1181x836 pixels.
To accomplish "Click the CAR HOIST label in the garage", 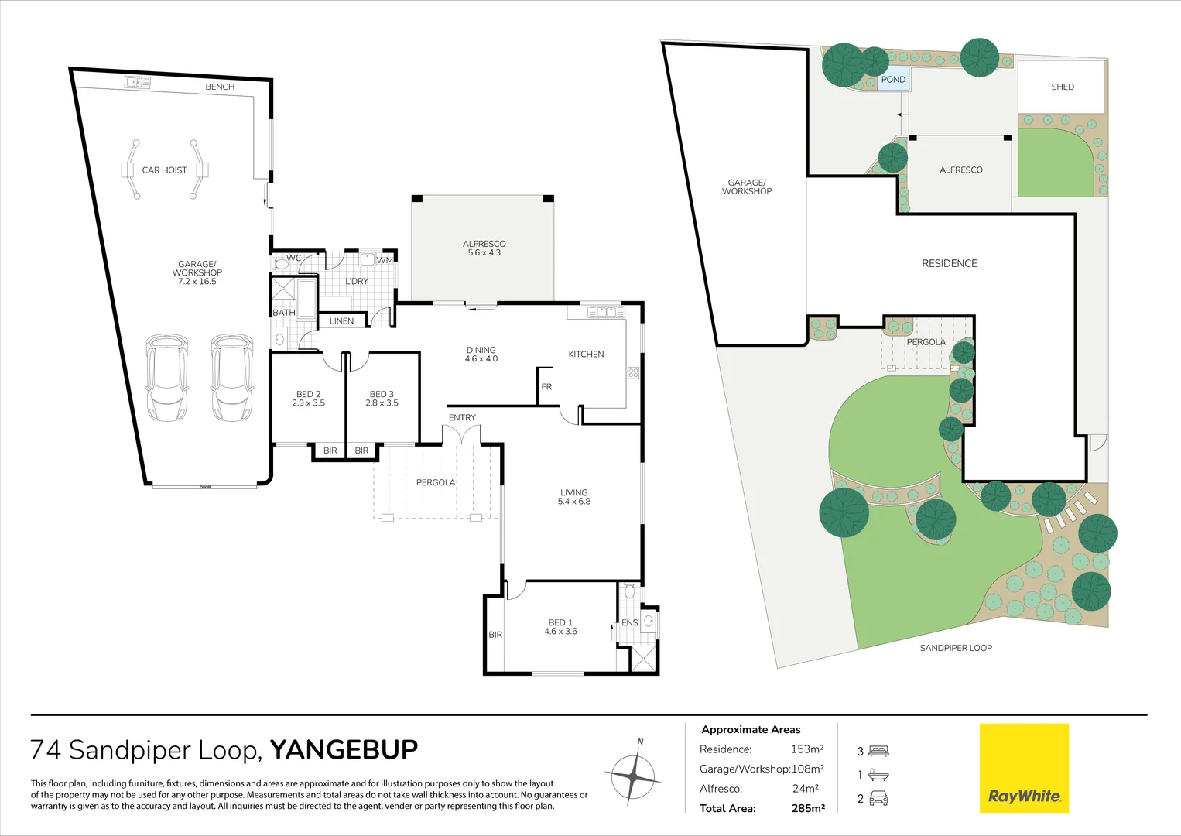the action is click(x=164, y=170).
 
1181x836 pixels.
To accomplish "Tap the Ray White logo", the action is click(x=1024, y=767).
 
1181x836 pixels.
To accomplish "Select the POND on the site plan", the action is click(x=893, y=79).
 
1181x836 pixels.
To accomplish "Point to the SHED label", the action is click(x=1063, y=87).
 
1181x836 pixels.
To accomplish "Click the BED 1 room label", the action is click(x=560, y=626).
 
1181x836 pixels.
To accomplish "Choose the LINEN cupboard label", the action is click(x=341, y=320).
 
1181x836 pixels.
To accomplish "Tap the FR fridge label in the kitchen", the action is click(x=546, y=386).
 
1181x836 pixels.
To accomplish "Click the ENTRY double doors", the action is click(x=462, y=435).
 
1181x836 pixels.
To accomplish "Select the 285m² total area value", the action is click(x=808, y=808).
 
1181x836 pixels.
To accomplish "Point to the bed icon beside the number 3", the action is click(x=879, y=751).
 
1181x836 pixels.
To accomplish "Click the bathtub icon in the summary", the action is click(x=879, y=775).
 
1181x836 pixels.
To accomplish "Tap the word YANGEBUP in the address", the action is click(x=344, y=749).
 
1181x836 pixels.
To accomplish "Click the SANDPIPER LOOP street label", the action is click(x=956, y=648).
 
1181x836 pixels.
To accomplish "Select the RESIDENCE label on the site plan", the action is click(x=949, y=263).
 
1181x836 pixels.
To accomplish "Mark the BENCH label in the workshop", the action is click(x=220, y=87).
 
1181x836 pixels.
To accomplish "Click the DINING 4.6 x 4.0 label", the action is click(x=481, y=354).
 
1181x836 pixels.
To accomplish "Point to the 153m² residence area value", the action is click(x=807, y=749).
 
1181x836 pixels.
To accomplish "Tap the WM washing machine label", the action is click(x=385, y=260).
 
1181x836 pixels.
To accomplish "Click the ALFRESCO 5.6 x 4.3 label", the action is click(x=484, y=248).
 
